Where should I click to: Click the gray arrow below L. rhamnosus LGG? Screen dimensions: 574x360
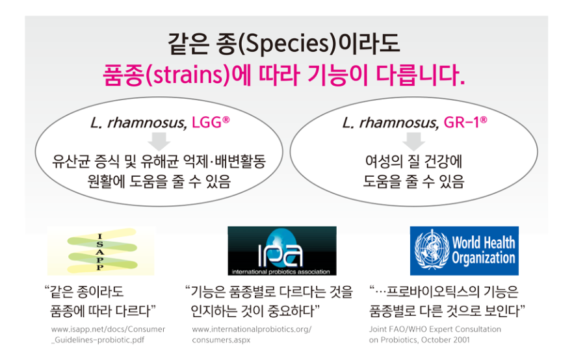click(159, 141)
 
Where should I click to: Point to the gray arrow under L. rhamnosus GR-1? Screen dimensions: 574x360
click(413, 141)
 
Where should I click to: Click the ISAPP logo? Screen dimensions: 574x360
click(101, 251)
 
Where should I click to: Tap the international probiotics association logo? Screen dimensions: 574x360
click(282, 251)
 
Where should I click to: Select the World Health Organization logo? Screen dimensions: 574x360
click(464, 251)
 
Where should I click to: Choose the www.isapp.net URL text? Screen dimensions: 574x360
click(109, 329)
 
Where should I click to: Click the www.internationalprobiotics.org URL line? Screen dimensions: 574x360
click(252, 329)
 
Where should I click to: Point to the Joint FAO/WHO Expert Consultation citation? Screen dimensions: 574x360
click(435, 329)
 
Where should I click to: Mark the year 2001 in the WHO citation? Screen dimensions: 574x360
click(460, 339)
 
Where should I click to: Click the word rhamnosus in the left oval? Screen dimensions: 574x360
click(147, 123)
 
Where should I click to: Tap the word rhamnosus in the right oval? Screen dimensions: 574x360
click(399, 123)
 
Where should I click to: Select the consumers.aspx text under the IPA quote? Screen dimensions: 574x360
click(221, 340)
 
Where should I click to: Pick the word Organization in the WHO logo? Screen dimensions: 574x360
click(483, 257)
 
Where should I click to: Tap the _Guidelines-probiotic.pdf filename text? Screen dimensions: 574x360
click(98, 340)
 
